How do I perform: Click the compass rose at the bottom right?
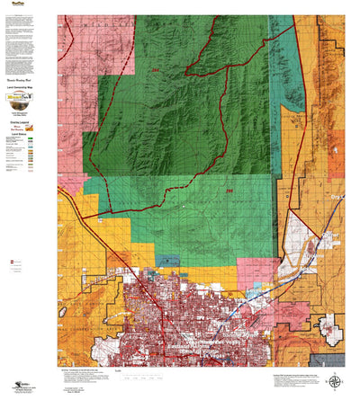[335, 380]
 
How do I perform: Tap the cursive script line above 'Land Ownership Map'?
[27, 78]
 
